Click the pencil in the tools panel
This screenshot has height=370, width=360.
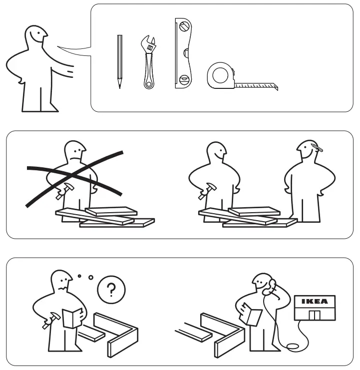click(x=119, y=61)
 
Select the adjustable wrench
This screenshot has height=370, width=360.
click(x=148, y=62)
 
